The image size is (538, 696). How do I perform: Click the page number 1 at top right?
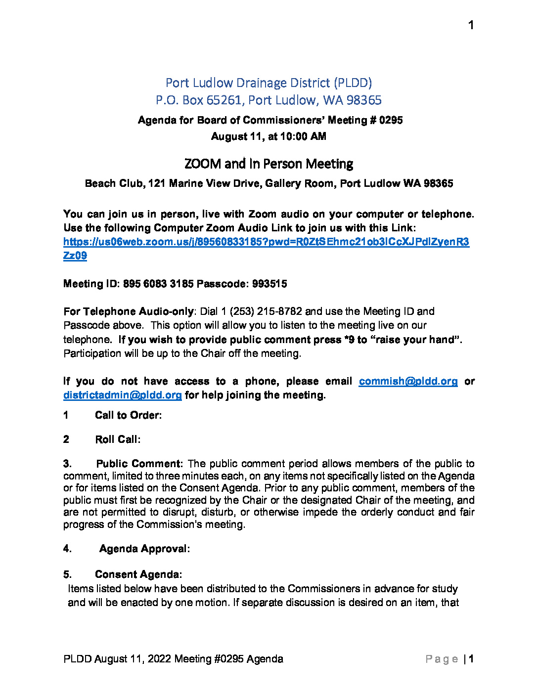[471, 25]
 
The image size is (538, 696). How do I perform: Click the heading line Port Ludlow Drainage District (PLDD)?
[269, 83]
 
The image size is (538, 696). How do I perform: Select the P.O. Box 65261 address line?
[269, 100]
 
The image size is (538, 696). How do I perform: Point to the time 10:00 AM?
[303, 136]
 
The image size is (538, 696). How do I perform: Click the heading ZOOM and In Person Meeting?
[269, 164]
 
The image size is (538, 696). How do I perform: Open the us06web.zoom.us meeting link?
[266, 242]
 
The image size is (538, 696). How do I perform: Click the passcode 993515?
[269, 284]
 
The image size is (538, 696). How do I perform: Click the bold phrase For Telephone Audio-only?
[129, 311]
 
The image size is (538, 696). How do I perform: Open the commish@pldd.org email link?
[408, 381]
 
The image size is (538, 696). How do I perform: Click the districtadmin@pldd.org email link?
[123, 395]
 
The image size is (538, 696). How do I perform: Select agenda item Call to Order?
[128, 415]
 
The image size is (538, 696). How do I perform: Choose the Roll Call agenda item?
[118, 439]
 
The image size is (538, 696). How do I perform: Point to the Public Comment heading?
[139, 464]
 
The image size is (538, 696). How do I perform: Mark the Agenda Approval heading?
[144, 549]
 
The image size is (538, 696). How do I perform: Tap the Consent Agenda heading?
[138, 574]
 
